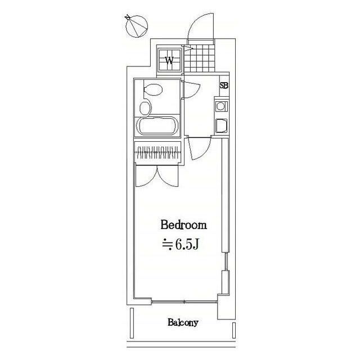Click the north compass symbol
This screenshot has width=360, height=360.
click(136, 26)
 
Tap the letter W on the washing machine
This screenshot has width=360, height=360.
click(169, 61)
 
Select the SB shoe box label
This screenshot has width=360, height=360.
click(224, 85)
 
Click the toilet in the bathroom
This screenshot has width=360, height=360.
click(153, 89)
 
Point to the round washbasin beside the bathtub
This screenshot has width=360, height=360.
click(145, 108)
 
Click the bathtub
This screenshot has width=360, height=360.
click(157, 126)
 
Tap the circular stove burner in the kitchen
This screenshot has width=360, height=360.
click(220, 106)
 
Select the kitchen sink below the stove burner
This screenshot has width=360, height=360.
click(221, 126)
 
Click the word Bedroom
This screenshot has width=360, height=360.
click(184, 225)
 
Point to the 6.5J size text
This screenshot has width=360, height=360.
click(180, 245)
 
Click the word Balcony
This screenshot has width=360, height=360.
click(183, 322)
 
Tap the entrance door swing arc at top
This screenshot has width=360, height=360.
click(201, 26)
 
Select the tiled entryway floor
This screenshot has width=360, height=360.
click(200, 58)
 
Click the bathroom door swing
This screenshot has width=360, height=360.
click(191, 90)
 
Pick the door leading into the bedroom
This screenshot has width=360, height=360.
click(199, 147)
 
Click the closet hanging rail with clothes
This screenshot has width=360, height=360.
click(157, 152)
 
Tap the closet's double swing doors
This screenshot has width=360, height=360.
click(157, 175)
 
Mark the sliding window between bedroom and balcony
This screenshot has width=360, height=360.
click(184, 302)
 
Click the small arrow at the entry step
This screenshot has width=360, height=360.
click(189, 48)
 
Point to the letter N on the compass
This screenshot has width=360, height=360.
click(128, 17)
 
